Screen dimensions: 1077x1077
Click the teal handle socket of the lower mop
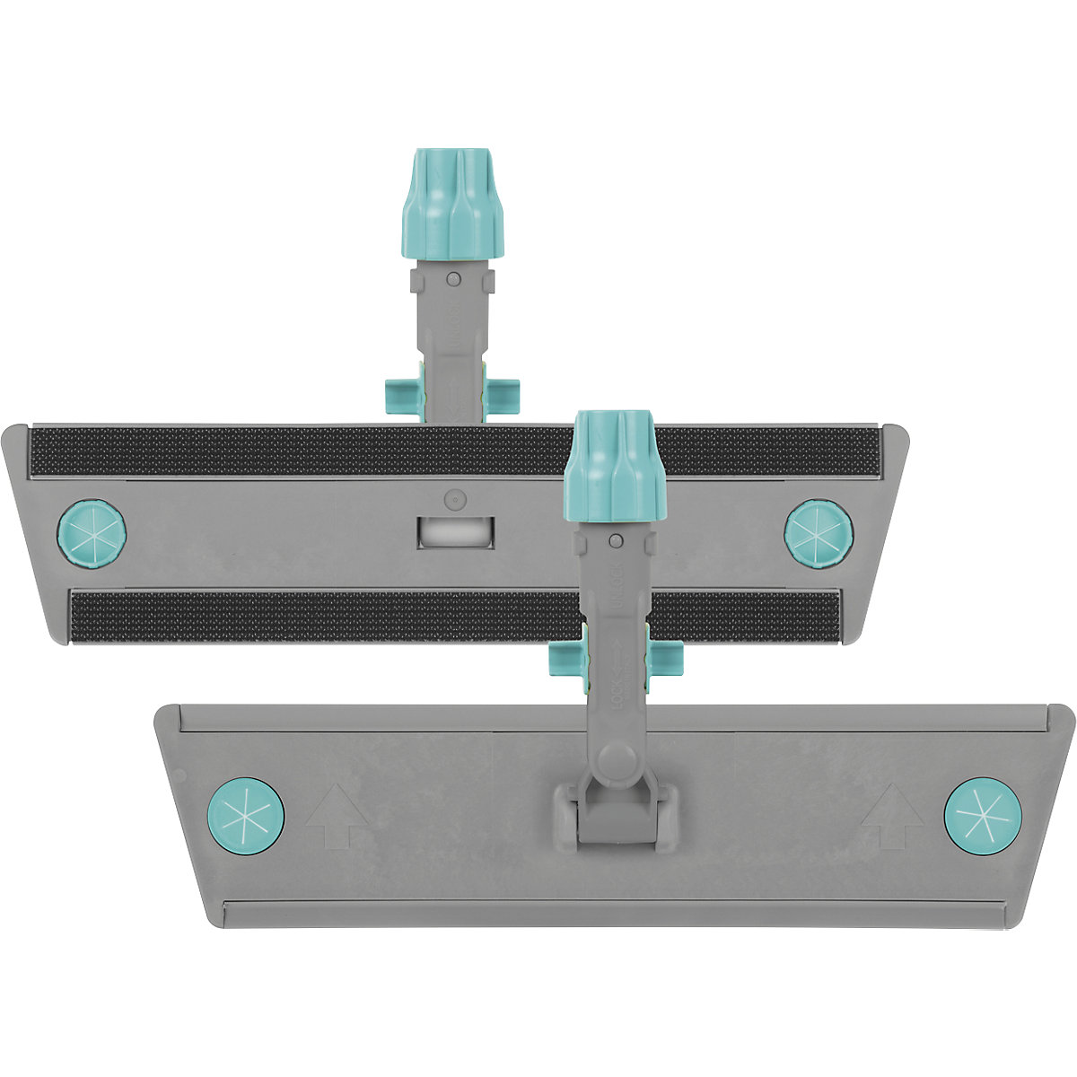pos(617,466)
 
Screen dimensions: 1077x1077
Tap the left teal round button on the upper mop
pos(91,532)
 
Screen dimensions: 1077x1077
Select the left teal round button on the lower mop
pos(247,814)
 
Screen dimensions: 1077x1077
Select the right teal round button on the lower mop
pos(982,815)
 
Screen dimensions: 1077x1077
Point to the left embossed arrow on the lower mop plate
pos(337,816)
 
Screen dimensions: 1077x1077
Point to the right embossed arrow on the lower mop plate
pos(892,816)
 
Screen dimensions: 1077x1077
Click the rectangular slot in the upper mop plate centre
pos(455,531)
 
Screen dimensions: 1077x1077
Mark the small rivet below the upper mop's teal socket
pos(454,279)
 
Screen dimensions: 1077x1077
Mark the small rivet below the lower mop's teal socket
pos(617,540)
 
